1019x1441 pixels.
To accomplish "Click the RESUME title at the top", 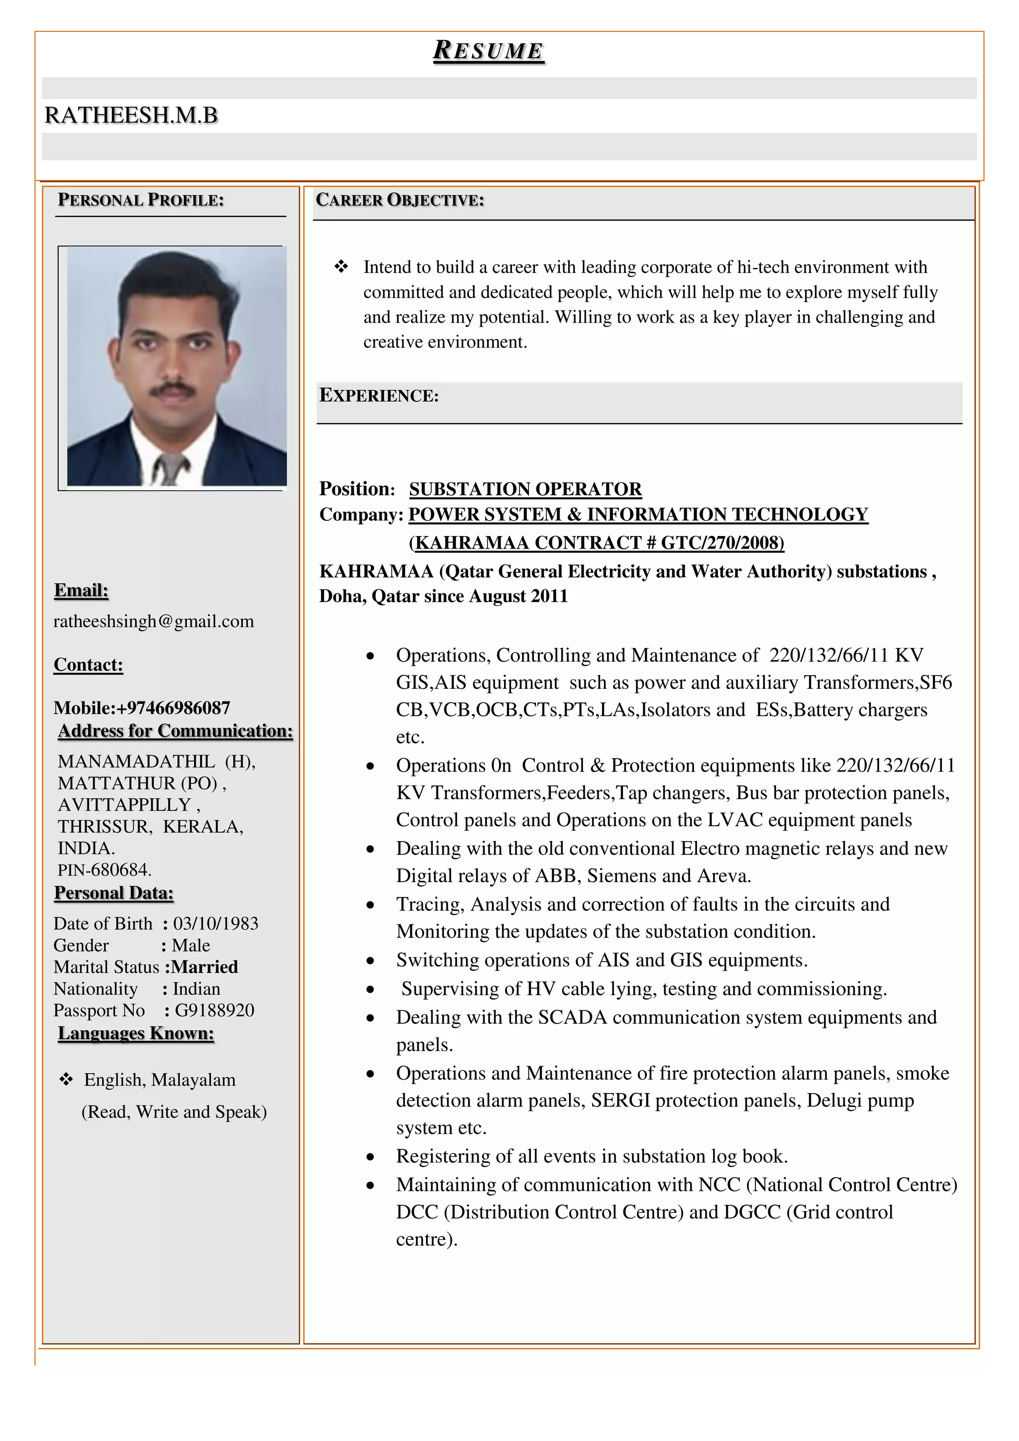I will tap(488, 51).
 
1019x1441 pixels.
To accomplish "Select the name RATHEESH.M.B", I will tap(131, 115).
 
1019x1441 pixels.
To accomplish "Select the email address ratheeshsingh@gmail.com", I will tap(154, 621).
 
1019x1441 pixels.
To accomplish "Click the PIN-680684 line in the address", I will tap(105, 870).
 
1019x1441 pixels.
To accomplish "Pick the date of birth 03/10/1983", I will tap(216, 923).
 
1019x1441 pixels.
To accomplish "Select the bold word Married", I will tap(205, 967).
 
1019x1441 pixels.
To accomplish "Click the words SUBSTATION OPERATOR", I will tap(525, 489).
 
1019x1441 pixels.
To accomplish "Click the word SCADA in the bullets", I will tap(572, 1017).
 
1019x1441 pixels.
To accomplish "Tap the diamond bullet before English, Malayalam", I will tap(66, 1080).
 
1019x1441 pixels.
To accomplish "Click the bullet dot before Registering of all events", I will tap(371, 1157).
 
